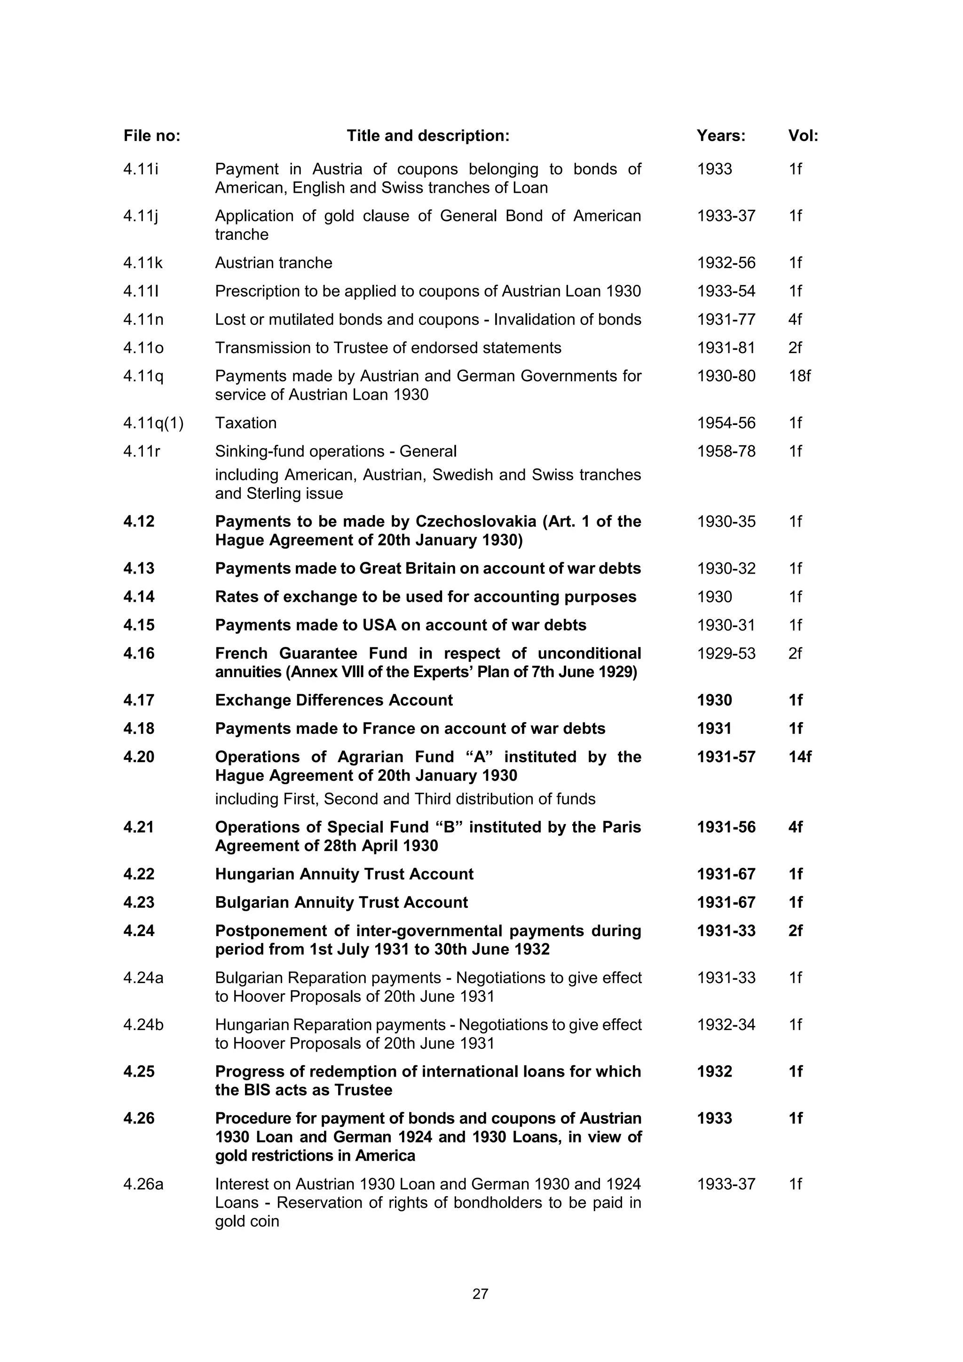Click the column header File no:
point(151,136)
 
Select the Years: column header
point(720,136)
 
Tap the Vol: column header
point(803,136)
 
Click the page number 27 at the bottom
point(480,1294)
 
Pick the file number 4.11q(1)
point(153,423)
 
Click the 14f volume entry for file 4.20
point(799,757)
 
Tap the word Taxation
point(245,423)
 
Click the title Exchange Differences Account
point(333,701)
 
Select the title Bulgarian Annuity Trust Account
point(341,902)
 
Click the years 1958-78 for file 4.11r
point(726,451)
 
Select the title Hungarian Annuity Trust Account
point(344,874)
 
